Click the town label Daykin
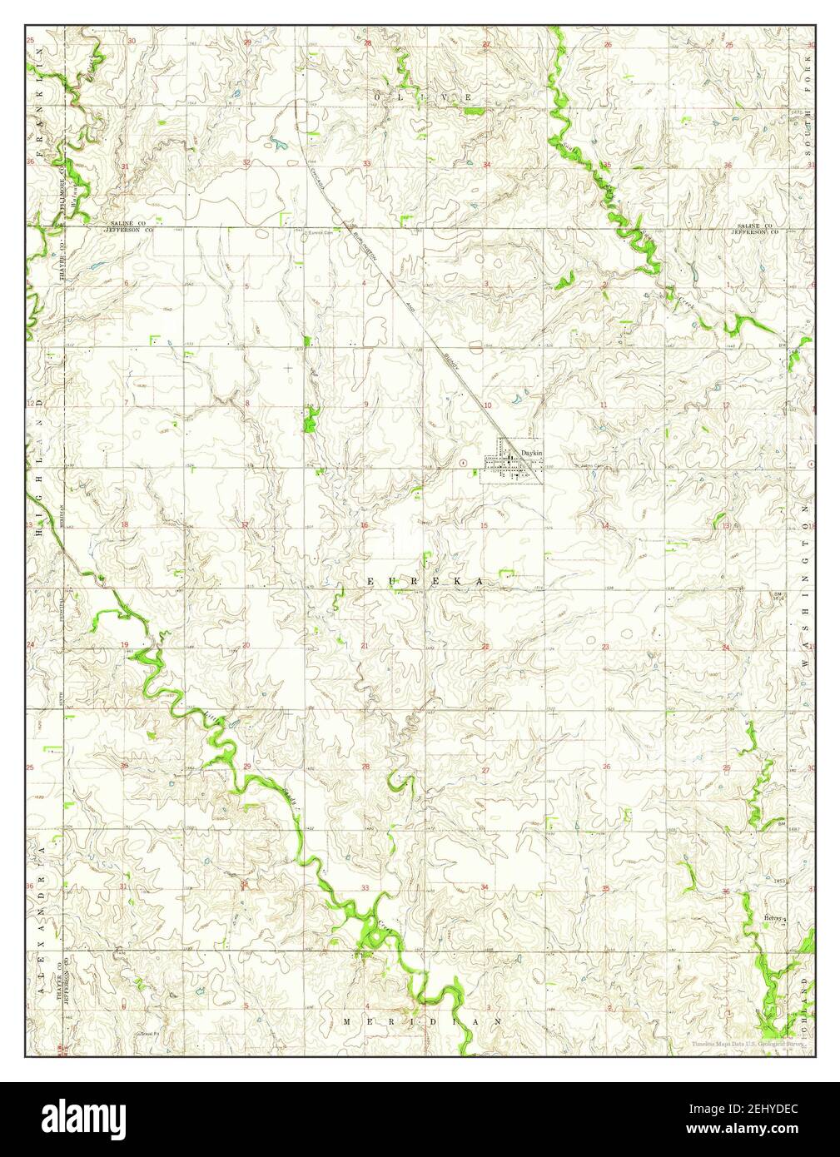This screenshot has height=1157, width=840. tap(531, 452)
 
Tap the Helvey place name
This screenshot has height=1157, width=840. tap(773, 918)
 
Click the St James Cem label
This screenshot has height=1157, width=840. tap(586, 466)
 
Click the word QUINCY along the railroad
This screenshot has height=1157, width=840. tap(451, 362)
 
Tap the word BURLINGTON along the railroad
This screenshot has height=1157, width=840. tap(365, 247)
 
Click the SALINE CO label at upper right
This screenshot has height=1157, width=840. tap(755, 226)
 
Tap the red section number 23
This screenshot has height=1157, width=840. tap(607, 646)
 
